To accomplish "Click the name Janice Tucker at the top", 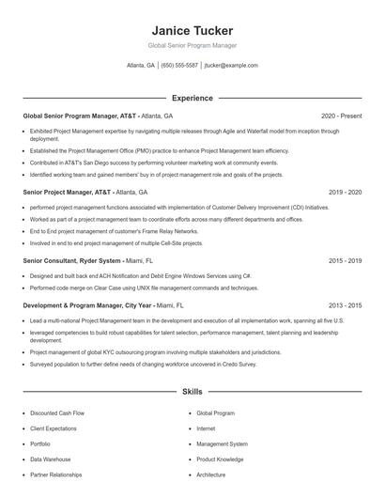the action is [x=192, y=30].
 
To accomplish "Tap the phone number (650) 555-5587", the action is [x=179, y=66].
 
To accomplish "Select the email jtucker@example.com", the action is [x=231, y=66].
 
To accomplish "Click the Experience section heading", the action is [x=192, y=98].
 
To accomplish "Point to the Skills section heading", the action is [x=192, y=391].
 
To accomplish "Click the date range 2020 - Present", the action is [x=341, y=116].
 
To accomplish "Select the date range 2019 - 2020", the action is [x=345, y=191].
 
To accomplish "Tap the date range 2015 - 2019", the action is [x=345, y=260].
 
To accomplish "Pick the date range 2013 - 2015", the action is [x=345, y=305].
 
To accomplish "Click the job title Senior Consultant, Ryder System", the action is [x=72, y=260].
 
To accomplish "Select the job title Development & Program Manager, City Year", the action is [x=86, y=305].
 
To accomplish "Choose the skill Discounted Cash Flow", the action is [x=56, y=412].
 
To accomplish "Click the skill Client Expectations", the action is [x=54, y=428].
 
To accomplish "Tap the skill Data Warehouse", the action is [x=50, y=459].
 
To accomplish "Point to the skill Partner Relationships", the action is [x=55, y=475].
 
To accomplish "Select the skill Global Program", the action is [x=216, y=412].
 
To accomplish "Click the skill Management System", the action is [x=222, y=444].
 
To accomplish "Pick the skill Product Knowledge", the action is [x=221, y=459].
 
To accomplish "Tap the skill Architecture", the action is [x=210, y=475].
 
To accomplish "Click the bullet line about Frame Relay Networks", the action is [x=114, y=231].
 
